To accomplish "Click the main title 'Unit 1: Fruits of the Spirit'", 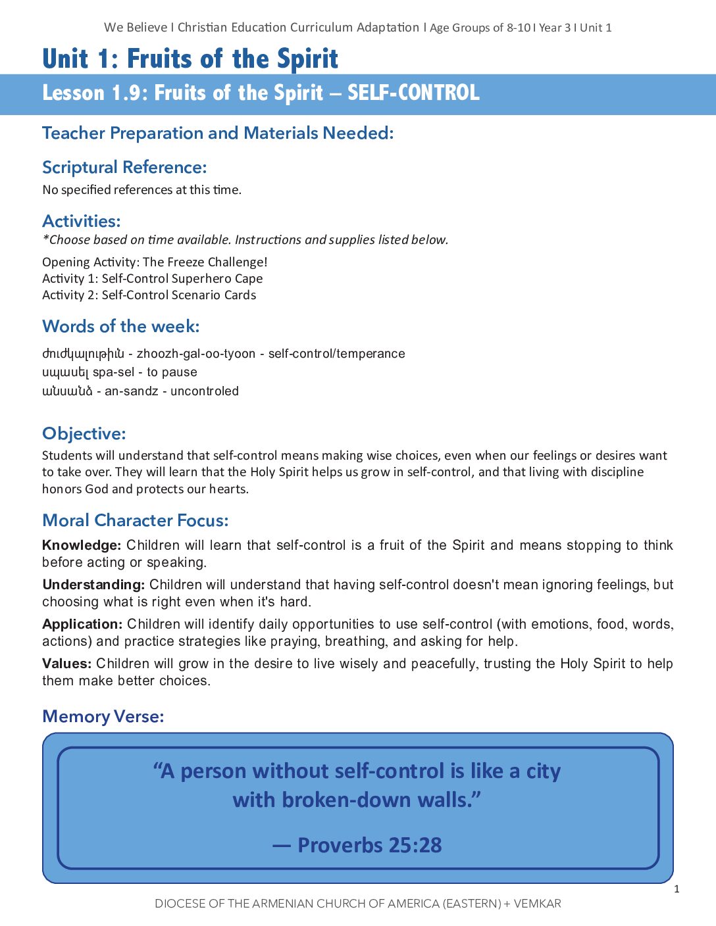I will coord(190,59).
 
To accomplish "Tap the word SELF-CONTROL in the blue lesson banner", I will coord(413,93).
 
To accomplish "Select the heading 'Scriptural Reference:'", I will coord(124,167).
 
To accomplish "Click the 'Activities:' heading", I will coord(82,221).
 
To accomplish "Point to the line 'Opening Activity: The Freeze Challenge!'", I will coord(155,262).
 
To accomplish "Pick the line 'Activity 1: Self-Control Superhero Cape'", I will coord(153,278).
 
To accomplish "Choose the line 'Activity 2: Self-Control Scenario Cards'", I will coord(149,295).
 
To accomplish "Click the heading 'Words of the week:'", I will coord(121,326).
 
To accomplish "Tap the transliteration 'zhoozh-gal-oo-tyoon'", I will coord(196,354).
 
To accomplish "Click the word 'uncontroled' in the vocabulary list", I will coord(205,391).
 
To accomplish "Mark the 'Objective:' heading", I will coord(84,433).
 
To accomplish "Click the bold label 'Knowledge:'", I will coord(82,545).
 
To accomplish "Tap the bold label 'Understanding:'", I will coord(93,585).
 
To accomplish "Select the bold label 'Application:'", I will coord(82,624).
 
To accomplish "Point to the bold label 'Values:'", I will coord(66,664).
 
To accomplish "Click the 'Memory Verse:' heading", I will coord(103,716).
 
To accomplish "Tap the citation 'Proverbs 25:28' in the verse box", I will coord(369,845).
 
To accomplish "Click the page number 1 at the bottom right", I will coord(677,889).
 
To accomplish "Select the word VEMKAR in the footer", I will coord(537,904).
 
